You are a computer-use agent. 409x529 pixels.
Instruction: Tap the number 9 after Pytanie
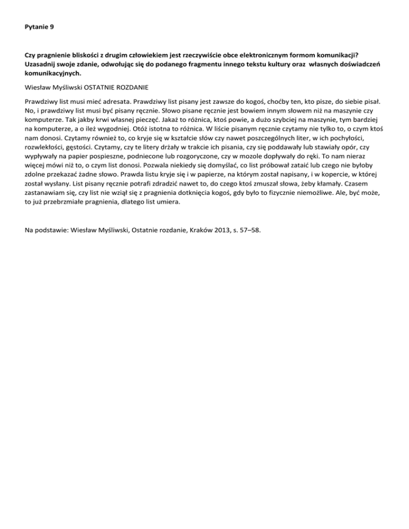coord(52,25)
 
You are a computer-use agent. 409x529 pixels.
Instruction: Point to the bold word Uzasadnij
coord(40,63)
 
